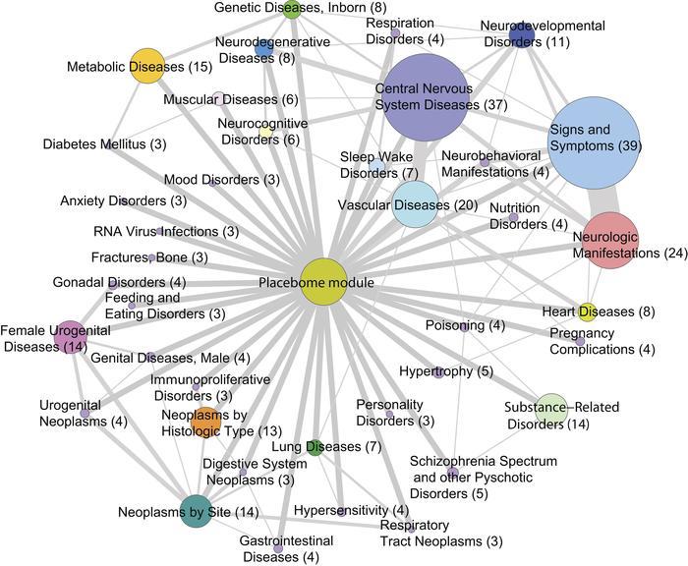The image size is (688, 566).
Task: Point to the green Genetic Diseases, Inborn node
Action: click(291, 10)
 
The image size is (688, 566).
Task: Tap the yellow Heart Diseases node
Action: click(587, 312)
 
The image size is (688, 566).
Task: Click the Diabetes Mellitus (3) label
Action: click(104, 144)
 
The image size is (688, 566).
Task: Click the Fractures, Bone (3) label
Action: click(150, 257)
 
